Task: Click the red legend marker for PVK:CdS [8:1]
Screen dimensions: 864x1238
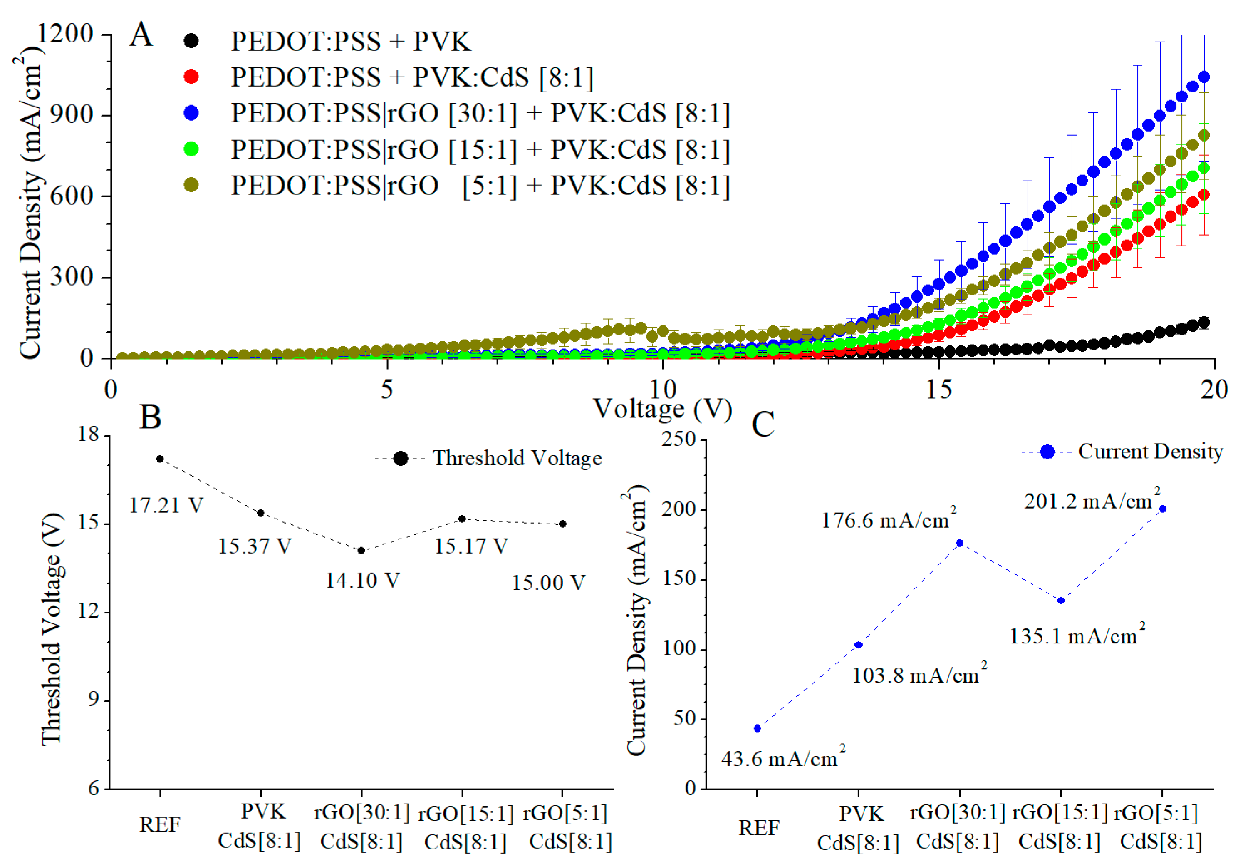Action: click(x=191, y=77)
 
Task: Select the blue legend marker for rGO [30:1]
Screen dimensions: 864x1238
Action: click(x=191, y=113)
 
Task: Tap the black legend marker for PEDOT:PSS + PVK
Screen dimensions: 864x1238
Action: click(x=191, y=41)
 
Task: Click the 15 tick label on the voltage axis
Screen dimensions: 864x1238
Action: click(x=939, y=390)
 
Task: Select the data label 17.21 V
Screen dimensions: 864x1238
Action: click(x=166, y=505)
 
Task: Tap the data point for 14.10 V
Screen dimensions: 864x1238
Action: click(x=361, y=550)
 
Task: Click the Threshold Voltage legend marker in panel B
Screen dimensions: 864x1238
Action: click(x=401, y=458)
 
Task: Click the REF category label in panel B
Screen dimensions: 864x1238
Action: click(x=160, y=824)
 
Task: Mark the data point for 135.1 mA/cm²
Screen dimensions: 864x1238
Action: click(x=1061, y=600)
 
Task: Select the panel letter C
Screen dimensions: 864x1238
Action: click(x=763, y=425)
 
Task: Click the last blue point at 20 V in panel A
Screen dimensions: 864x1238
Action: click(x=1203, y=77)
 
